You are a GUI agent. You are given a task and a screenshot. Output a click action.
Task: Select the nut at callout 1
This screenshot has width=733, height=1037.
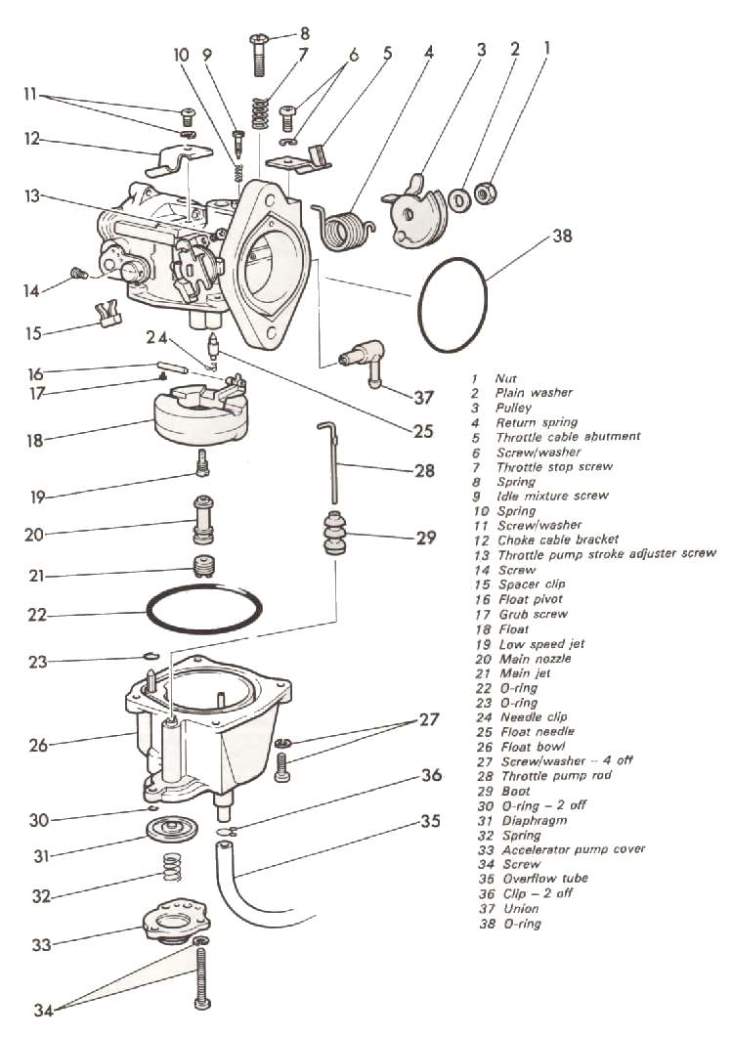[483, 194]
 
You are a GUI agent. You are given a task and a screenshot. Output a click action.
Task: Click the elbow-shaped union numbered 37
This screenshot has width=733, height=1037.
[367, 361]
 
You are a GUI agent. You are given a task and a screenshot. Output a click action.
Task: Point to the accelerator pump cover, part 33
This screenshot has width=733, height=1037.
[177, 919]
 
